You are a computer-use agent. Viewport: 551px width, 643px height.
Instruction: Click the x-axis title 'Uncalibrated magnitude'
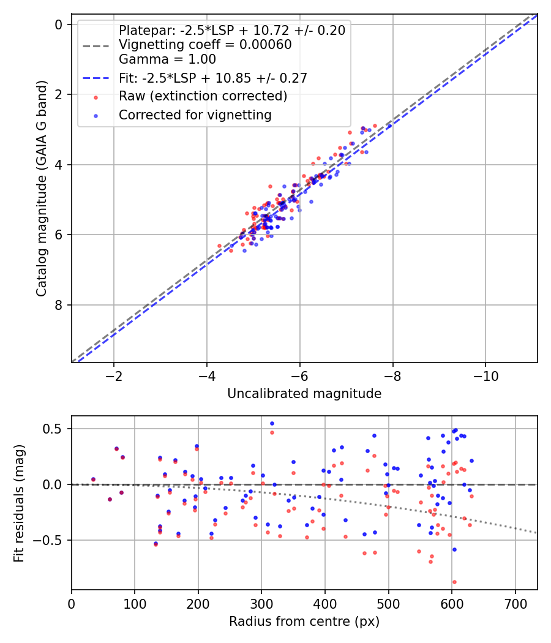click(x=304, y=394)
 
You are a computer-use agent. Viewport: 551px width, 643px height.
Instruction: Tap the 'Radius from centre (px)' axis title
click(x=304, y=622)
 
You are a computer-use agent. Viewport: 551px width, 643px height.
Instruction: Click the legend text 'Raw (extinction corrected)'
click(x=203, y=96)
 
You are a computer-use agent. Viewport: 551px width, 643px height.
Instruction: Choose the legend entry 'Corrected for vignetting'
click(x=195, y=115)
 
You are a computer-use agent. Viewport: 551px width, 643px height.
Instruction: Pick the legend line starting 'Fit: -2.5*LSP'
click(x=212, y=78)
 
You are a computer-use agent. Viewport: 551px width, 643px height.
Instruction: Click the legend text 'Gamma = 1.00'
click(x=167, y=59)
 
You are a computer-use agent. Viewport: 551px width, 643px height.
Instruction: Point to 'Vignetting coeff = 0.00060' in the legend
click(x=205, y=45)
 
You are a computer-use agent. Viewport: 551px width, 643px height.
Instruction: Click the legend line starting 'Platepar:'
click(x=231, y=30)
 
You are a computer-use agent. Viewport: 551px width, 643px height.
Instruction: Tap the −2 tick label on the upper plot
click(x=113, y=375)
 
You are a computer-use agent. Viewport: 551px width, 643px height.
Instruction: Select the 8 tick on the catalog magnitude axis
click(x=59, y=305)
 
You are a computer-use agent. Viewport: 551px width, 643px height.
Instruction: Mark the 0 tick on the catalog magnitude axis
click(x=59, y=24)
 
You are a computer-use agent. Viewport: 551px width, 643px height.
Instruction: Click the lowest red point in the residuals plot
click(x=454, y=582)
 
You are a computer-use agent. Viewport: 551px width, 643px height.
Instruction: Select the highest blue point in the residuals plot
click(x=272, y=423)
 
